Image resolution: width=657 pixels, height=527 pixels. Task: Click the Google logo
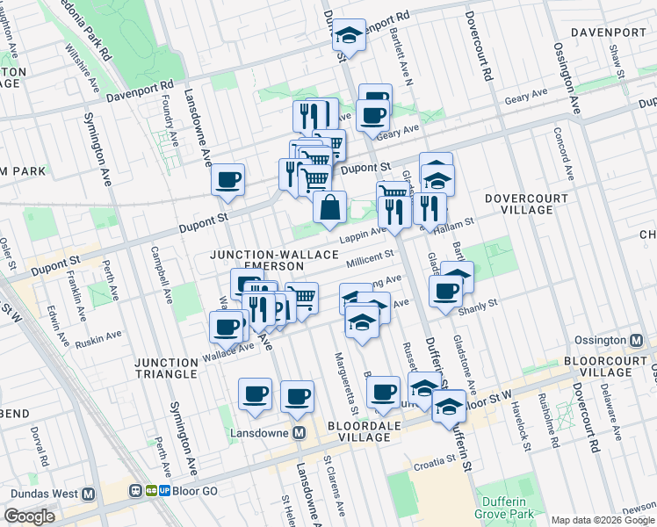(x=29, y=516)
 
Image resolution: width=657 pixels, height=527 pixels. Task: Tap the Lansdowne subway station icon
(x=300, y=433)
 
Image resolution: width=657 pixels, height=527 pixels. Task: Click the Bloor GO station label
(x=182, y=491)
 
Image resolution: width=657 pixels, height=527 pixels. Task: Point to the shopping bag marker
(x=329, y=208)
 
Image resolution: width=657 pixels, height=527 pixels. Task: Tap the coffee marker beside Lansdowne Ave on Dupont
(x=228, y=180)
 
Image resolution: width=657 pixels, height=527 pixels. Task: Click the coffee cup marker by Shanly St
(x=446, y=292)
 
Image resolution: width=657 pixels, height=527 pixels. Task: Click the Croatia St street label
(x=434, y=458)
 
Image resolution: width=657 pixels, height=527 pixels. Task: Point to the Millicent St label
(x=370, y=257)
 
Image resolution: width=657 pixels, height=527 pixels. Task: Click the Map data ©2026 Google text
(x=603, y=519)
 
